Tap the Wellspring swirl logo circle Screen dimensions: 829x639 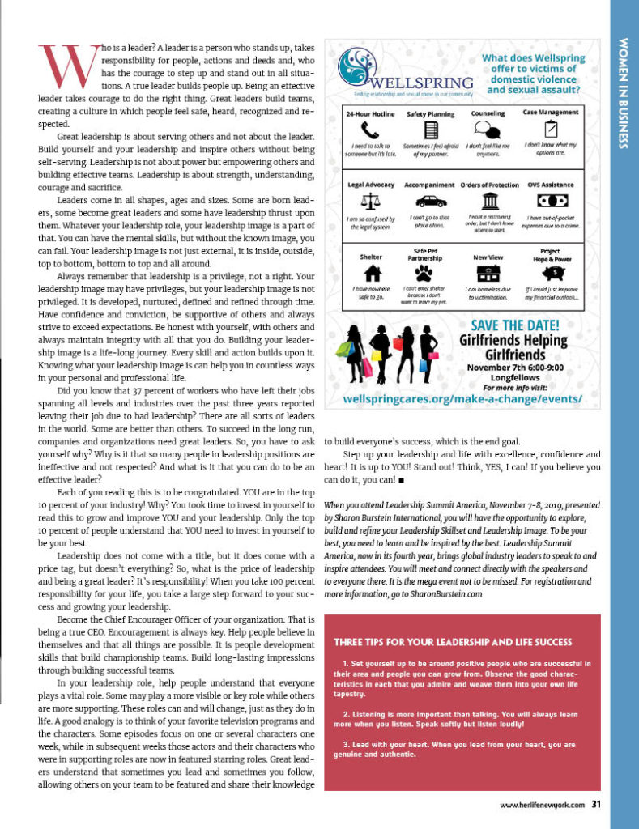pos(353,64)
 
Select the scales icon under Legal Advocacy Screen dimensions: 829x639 pos(369,200)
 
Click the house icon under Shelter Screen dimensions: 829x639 pos(369,273)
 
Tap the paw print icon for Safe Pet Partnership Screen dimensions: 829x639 pos(430,273)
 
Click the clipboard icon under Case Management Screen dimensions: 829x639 pos(551,129)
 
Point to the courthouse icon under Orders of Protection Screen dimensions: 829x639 pos(488,201)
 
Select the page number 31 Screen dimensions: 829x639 pos(595,804)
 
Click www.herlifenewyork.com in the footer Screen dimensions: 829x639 pos(541,805)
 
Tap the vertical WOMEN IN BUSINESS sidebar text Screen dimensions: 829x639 pos(624,92)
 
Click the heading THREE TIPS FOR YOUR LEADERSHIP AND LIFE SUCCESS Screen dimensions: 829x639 pos(453,643)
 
